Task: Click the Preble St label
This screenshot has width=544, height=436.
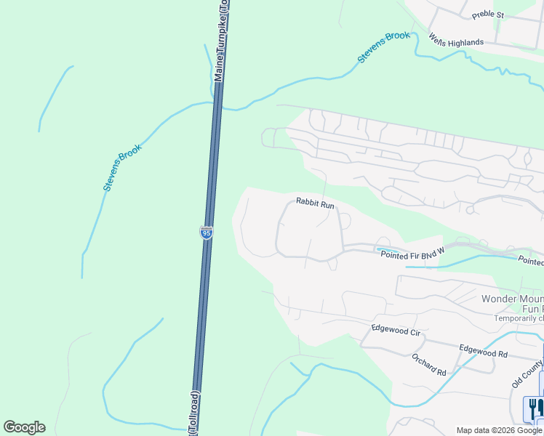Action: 487,15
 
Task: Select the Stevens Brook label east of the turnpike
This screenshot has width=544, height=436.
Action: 383,47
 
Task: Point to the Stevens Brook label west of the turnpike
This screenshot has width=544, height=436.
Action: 121,167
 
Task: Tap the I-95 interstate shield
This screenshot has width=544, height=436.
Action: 206,233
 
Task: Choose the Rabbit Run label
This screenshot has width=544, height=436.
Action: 315,204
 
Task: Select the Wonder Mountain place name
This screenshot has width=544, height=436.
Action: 512,299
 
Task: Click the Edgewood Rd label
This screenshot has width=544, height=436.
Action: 483,350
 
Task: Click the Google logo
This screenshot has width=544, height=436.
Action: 24,427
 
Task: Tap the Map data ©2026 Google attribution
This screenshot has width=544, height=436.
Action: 499,430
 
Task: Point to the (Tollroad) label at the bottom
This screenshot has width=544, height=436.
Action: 193,415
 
